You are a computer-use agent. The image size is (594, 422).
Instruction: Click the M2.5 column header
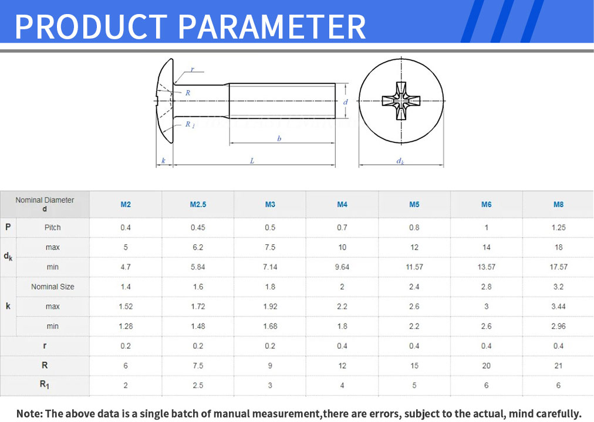tap(198, 205)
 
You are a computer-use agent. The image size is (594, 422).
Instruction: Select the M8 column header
tap(558, 205)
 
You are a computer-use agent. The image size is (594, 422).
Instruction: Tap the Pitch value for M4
tap(342, 227)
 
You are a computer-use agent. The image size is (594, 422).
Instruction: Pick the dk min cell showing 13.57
tap(487, 267)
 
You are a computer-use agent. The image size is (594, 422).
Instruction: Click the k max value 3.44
tap(558, 307)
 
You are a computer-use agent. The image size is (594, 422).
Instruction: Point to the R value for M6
tap(487, 366)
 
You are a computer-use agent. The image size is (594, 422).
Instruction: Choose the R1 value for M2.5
tap(198, 385)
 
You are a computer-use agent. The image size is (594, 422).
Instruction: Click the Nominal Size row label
tap(53, 287)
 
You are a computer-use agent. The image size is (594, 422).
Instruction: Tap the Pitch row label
tap(53, 227)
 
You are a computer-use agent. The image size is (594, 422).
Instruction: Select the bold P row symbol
tap(8, 227)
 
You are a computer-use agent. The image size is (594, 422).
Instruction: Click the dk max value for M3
tap(270, 247)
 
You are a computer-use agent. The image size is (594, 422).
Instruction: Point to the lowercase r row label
tap(45, 346)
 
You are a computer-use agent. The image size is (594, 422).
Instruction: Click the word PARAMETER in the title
tap(272, 26)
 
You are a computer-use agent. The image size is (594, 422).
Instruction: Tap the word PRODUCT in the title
tap(91, 26)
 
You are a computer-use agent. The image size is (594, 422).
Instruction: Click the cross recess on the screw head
tap(401, 101)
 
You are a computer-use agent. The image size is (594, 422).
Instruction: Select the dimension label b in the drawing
tap(279, 138)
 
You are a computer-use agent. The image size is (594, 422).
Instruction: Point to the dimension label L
tap(252, 161)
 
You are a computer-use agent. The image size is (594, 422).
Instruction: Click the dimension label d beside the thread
tap(346, 102)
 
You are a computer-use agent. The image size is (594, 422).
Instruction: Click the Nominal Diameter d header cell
tap(45, 204)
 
